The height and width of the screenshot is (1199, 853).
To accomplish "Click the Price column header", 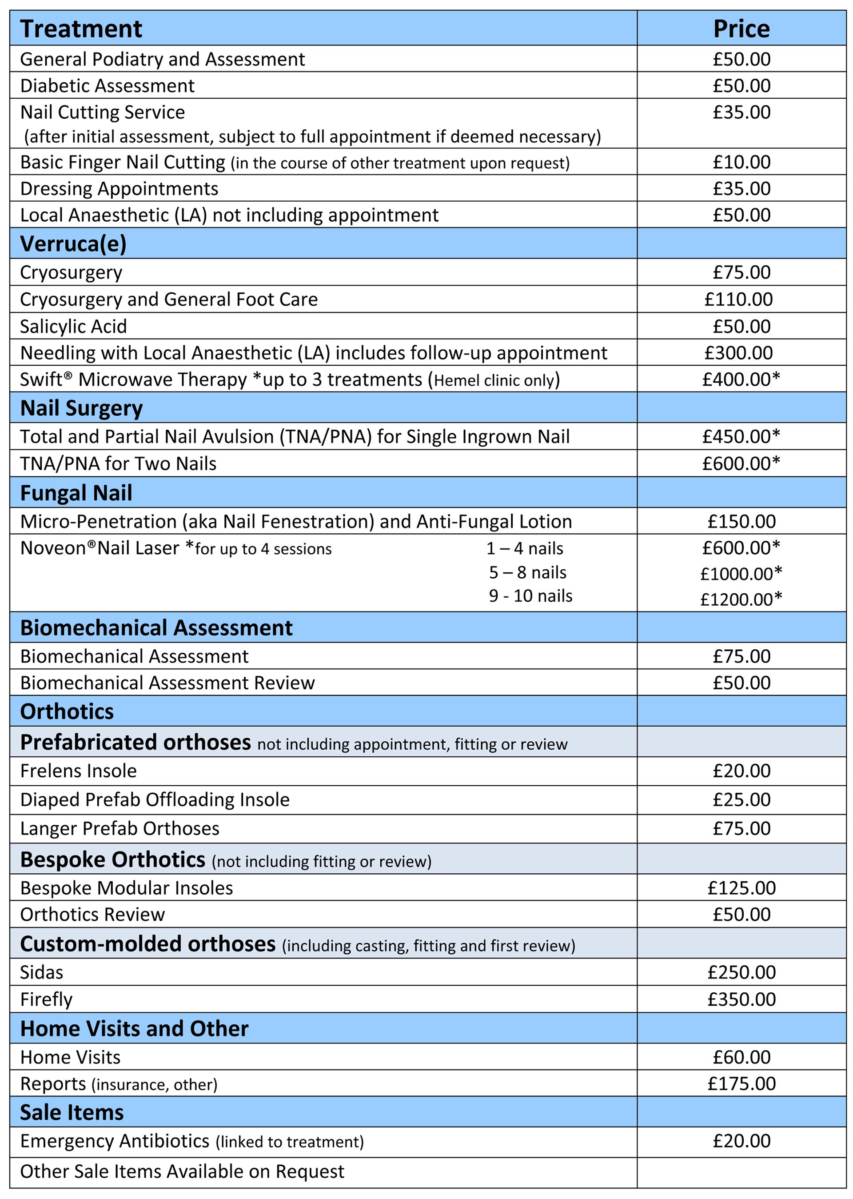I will point(741,29).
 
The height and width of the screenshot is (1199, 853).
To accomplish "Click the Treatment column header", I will point(81,29).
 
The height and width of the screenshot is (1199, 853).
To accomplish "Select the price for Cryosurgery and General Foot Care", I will point(738,299).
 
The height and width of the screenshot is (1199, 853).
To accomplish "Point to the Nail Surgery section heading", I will point(81,408).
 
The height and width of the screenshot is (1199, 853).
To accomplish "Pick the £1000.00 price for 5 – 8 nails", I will point(741,573).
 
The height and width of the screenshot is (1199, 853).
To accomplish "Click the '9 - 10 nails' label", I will point(530,596).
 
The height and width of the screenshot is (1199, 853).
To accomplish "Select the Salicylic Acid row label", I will point(74,326).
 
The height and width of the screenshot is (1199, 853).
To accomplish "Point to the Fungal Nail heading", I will point(76,493).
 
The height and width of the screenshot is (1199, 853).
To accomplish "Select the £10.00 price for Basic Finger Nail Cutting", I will point(741,162).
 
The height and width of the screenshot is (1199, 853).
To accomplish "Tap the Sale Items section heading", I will point(72,1112).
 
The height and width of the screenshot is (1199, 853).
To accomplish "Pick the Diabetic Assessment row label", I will point(107,86).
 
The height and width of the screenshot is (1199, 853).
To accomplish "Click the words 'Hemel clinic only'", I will point(494,380).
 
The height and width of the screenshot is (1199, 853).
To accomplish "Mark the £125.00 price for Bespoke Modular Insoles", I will point(741,888).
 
